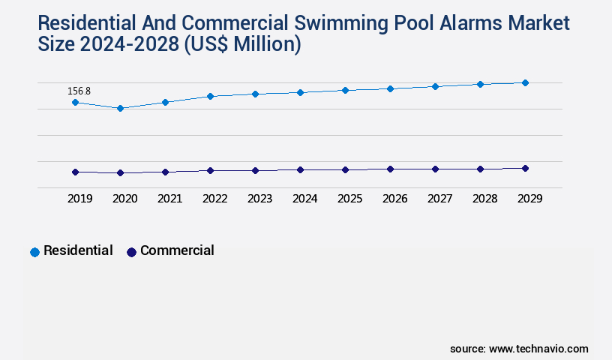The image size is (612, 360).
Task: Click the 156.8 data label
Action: click(79, 91)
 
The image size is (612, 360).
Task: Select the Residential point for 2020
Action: click(120, 108)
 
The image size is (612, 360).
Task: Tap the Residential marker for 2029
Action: click(525, 82)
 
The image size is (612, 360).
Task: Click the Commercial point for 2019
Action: click(75, 172)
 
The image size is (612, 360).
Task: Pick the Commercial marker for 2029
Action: click(525, 168)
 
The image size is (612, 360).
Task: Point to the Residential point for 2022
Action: click(210, 96)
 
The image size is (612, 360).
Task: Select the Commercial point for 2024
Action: click(300, 169)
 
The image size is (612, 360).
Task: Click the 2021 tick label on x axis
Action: click(169, 199)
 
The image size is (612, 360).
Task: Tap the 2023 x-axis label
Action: click(259, 199)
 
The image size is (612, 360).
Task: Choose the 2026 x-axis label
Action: click(394, 199)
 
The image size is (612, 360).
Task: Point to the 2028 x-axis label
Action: click(484, 199)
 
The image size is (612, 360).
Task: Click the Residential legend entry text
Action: click(78, 250)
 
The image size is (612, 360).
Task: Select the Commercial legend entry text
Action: click(177, 250)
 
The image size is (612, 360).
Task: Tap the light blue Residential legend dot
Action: click(34, 252)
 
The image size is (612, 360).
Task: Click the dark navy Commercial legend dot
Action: click(131, 252)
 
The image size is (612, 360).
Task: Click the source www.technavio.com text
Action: click(519, 349)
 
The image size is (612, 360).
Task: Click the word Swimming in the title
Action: click(337, 23)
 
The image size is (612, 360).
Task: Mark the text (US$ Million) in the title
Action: click(242, 45)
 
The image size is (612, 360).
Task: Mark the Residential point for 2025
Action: click(345, 90)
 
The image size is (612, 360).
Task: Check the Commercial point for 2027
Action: click(435, 169)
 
